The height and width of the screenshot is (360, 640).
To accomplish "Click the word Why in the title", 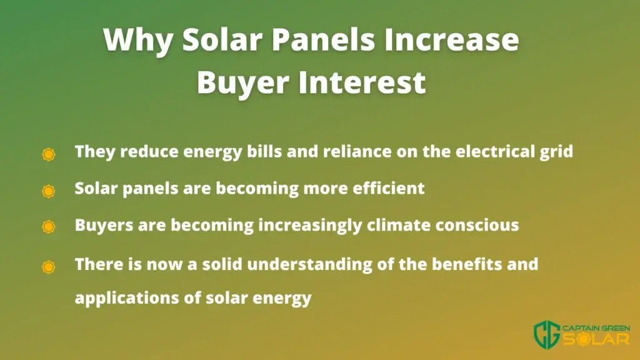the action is tap(138, 41).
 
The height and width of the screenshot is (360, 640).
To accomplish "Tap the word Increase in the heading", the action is tap(452, 39).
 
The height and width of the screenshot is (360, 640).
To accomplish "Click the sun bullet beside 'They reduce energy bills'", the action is tap(49, 154).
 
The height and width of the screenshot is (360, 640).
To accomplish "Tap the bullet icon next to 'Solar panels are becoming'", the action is tap(49, 191).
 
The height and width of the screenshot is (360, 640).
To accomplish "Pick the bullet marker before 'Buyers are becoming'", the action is tap(49, 226).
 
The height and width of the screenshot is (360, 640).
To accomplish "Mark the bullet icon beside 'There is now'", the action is tap(49, 267).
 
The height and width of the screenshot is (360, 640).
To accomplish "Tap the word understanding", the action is tap(310, 265).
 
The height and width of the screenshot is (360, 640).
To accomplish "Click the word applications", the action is tap(127, 298).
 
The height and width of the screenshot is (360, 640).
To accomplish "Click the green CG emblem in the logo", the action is tap(546, 335).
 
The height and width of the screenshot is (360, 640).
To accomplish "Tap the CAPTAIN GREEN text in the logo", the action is tap(596, 329).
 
